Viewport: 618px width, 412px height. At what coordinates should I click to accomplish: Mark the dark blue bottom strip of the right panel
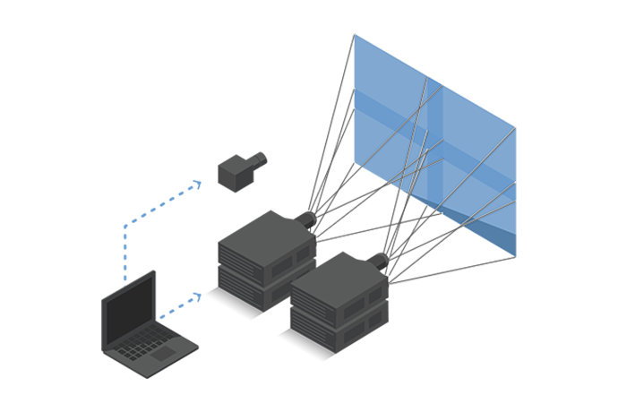(x=488, y=235)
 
